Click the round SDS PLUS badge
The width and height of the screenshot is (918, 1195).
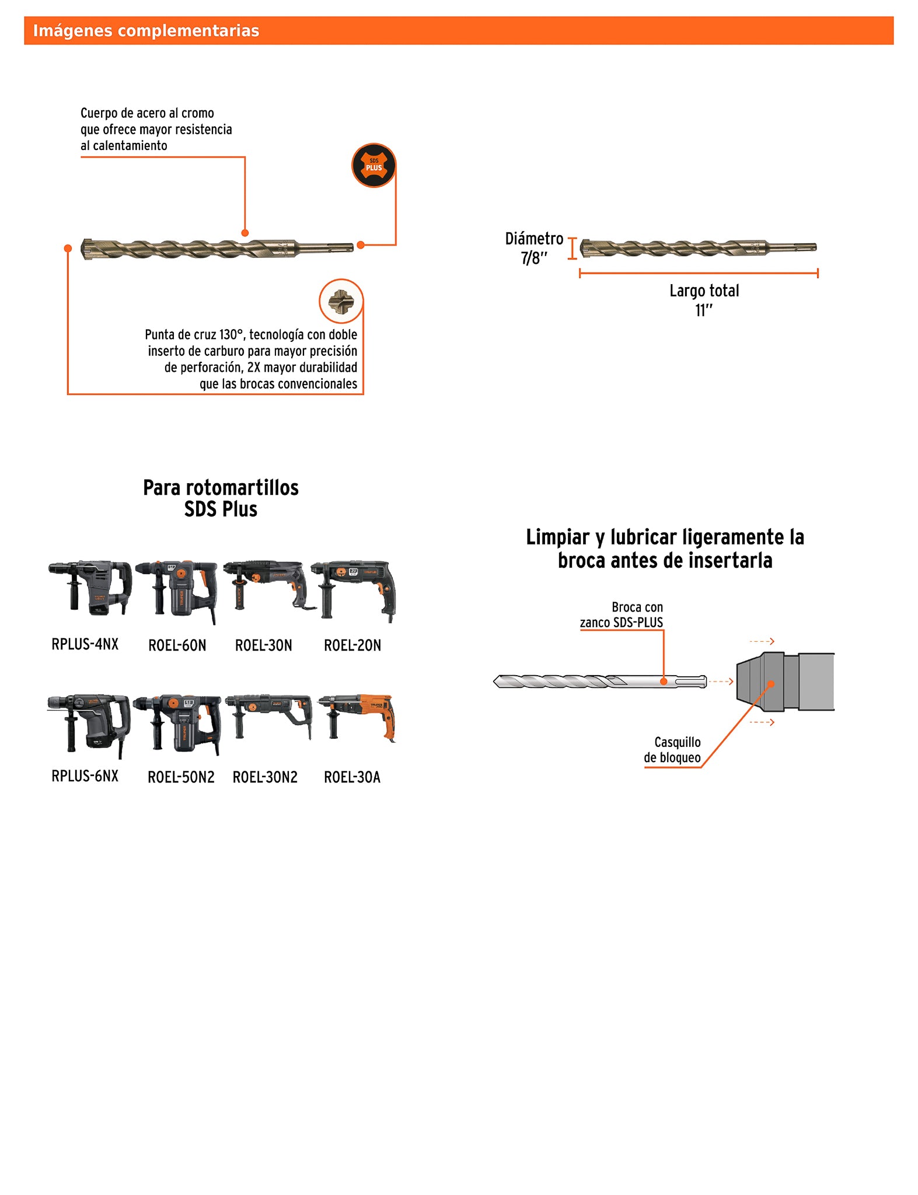pos(374,166)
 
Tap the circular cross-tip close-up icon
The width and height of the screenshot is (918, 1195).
pos(341,301)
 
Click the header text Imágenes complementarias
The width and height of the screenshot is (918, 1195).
pos(146,31)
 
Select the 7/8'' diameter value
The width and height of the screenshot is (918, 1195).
pos(534,258)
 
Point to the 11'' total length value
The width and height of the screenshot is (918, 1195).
pos(703,310)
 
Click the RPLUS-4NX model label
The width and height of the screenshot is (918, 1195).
pos(85,644)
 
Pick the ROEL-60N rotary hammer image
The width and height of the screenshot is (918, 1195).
pos(177,590)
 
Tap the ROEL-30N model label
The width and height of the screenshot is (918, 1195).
pos(263,645)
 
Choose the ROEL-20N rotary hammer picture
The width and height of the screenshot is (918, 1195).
pos(354,589)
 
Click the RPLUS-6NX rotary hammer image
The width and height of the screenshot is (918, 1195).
pos(89,724)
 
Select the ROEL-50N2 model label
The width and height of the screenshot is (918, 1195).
pos(181,777)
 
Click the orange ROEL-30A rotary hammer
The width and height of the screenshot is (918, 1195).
pos(357,717)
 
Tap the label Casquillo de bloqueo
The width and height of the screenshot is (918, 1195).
pos(672,750)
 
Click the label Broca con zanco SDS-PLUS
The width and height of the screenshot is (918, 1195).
pos(622,615)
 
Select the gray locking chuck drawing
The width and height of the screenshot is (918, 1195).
pos(784,682)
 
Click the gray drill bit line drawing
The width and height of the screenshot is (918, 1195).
pos(600,682)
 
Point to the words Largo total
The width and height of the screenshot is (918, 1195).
pos(704,291)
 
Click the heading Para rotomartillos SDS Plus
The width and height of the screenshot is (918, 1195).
pos(221,498)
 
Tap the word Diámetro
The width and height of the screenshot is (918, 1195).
pos(534,239)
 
